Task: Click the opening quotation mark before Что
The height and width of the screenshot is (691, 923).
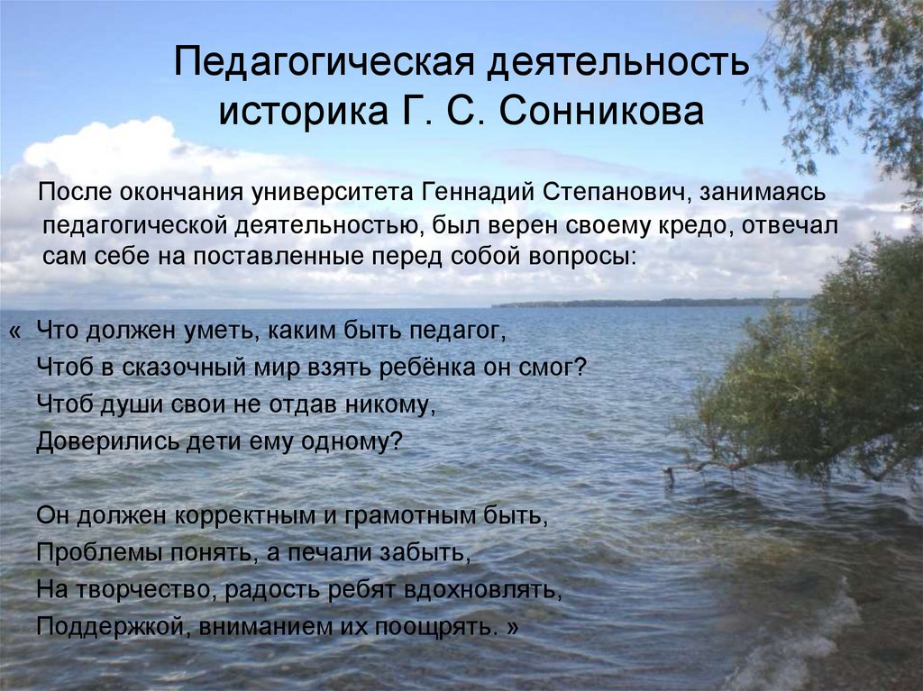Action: (14, 332)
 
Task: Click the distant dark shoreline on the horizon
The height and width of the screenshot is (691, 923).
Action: (631, 303)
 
